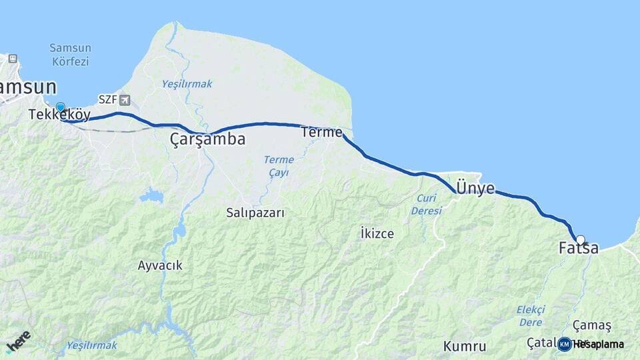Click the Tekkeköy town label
click(x=59, y=115)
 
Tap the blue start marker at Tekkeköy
click(x=61, y=107)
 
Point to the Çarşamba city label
click(x=207, y=139)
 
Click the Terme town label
click(x=321, y=132)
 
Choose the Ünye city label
click(x=475, y=189)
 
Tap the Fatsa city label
click(x=578, y=249)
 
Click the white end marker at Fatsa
click(x=581, y=239)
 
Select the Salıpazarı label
click(x=255, y=213)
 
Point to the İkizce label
click(x=377, y=234)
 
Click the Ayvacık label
click(x=160, y=265)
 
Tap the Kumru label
click(x=465, y=347)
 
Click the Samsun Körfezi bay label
click(x=70, y=55)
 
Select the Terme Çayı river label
click(x=278, y=166)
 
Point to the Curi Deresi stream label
click(x=427, y=205)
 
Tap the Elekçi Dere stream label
click(x=531, y=316)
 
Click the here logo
click(x=17, y=341)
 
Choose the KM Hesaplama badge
click(x=591, y=344)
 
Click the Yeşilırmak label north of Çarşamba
click(x=187, y=84)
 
